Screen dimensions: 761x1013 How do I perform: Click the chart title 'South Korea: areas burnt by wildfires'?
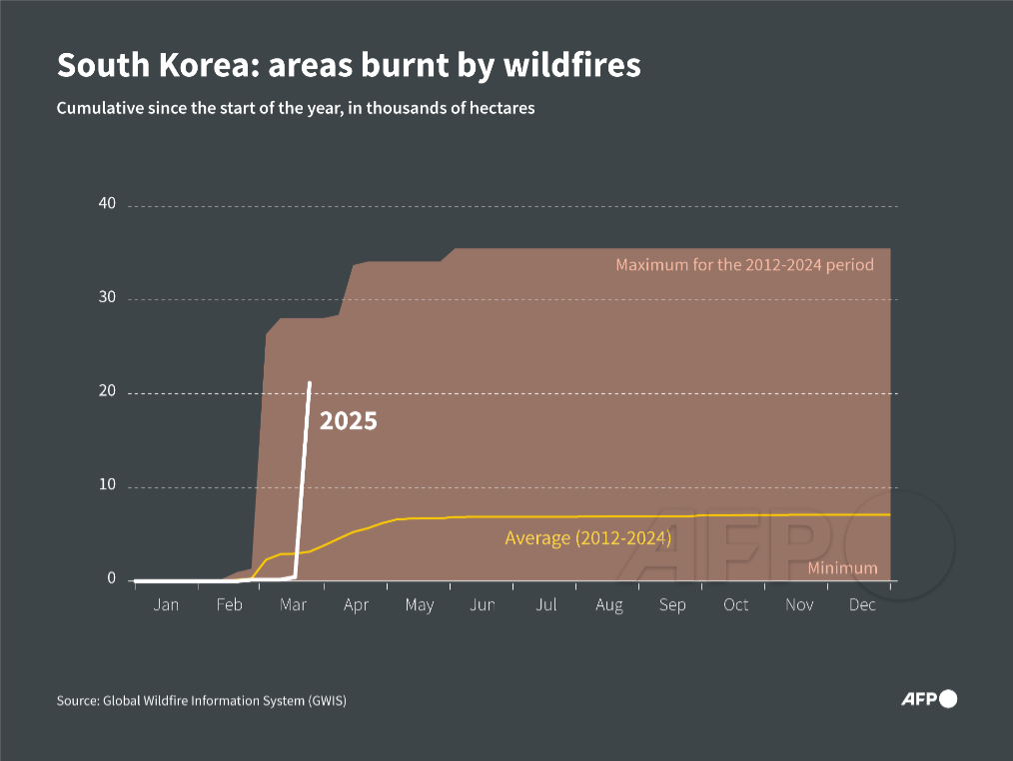point(349,66)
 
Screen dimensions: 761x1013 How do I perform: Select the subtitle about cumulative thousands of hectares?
point(296,108)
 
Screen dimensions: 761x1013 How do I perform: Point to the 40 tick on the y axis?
point(107,204)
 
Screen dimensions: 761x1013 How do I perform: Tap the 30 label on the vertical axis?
point(107,298)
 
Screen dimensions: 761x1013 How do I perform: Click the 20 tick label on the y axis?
point(107,392)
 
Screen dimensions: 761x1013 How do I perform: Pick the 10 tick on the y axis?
point(107,486)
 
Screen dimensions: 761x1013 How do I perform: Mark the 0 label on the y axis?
point(111,580)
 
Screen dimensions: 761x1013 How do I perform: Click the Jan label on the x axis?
point(166,605)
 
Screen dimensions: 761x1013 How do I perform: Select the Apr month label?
point(356,605)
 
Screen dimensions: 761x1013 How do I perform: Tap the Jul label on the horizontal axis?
point(545,605)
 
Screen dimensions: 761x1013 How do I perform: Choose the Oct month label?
point(735,605)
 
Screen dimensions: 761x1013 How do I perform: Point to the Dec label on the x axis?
point(862,605)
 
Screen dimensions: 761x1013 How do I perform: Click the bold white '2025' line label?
point(348,422)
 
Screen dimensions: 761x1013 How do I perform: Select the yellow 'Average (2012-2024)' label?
point(587,538)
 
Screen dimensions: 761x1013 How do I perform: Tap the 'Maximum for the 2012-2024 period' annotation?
point(744,265)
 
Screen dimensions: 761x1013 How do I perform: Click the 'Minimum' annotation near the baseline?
point(842,568)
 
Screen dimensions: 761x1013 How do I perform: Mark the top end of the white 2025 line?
point(310,383)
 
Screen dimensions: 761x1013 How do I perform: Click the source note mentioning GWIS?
point(201,701)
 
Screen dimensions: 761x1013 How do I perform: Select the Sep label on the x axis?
point(672,605)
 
